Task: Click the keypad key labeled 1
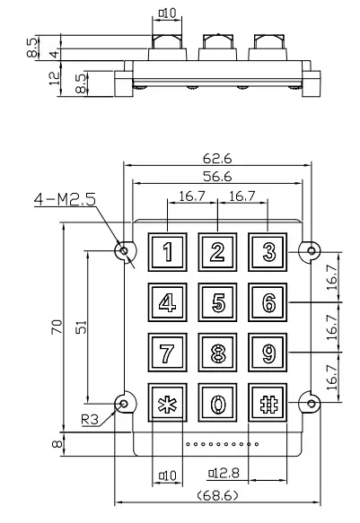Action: (x=166, y=251)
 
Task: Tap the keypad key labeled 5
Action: (x=217, y=301)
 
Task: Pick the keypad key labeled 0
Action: (x=217, y=403)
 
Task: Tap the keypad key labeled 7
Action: (x=166, y=353)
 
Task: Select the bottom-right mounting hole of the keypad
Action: (x=312, y=403)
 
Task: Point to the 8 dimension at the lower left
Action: (x=55, y=443)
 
